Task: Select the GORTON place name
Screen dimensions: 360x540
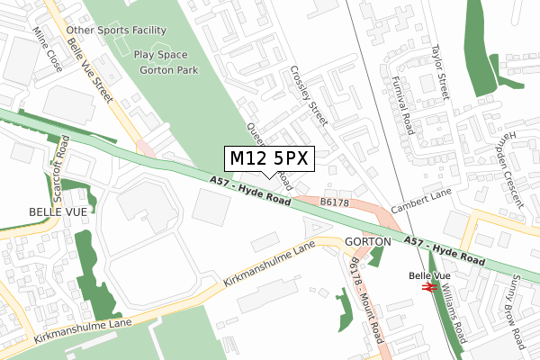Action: (x=367, y=242)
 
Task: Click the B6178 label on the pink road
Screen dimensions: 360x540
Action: (x=334, y=203)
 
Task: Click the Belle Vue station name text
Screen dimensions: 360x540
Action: (x=429, y=275)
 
